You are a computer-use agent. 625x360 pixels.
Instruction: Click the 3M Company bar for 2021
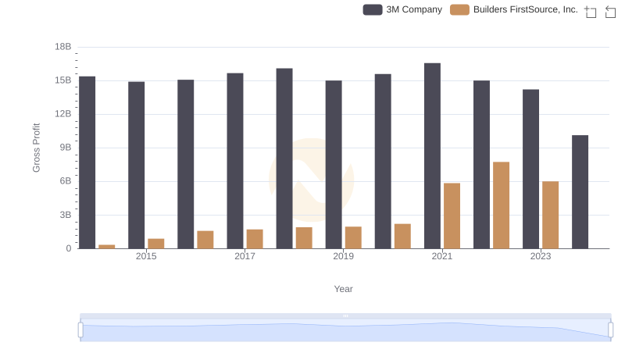[x=432, y=155]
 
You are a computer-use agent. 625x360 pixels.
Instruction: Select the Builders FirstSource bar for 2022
[x=502, y=205]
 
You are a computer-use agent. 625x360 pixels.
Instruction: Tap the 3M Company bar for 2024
[x=580, y=191]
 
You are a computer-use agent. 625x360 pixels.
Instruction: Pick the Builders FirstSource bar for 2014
[x=107, y=246]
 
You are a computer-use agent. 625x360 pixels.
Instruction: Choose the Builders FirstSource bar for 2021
[x=452, y=216]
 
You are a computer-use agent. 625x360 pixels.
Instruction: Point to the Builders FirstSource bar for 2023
[x=551, y=215]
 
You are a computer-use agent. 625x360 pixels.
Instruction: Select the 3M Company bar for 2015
[x=137, y=165]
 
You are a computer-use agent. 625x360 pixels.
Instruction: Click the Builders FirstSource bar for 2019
[x=353, y=237]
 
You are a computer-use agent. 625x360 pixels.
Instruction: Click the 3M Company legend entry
[x=403, y=10]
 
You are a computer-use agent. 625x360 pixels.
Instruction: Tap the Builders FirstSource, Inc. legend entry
[x=515, y=10]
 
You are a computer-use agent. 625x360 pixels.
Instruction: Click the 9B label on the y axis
[x=62, y=148]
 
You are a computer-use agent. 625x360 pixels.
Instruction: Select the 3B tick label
[x=62, y=215]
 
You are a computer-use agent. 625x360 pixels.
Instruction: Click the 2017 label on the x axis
[x=245, y=256]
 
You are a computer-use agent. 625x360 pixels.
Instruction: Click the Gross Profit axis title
[x=36, y=148]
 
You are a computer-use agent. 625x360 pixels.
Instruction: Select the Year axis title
[x=344, y=289]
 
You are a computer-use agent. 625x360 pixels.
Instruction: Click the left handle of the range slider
[x=80, y=330]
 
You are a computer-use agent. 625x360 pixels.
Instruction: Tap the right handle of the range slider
[x=610, y=330]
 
